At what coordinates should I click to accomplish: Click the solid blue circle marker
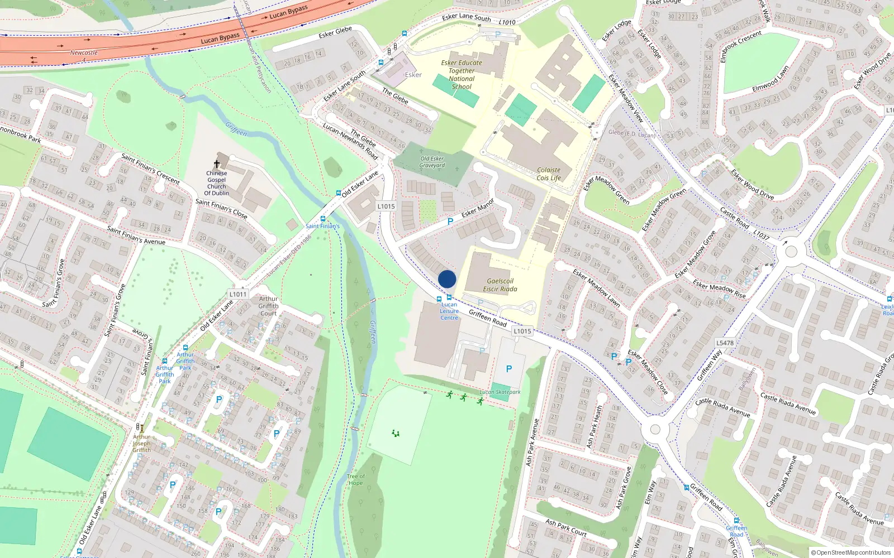point(447,279)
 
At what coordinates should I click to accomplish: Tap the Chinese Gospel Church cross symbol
point(217,164)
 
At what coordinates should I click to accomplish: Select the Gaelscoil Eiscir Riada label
point(500,285)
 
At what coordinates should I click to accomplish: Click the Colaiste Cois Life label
point(549,174)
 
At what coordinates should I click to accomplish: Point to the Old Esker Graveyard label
point(432,162)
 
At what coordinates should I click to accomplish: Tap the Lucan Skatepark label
point(500,392)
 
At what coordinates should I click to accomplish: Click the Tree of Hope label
point(355,480)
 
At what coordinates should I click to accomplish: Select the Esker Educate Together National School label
point(462,75)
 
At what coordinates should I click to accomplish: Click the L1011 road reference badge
point(237,294)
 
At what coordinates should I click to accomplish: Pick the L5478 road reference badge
point(725,343)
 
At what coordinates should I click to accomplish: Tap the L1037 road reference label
point(761,235)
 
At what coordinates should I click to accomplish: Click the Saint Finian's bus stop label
point(322,226)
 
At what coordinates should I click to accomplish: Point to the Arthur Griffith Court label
point(268,306)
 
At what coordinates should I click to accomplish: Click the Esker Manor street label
point(478,208)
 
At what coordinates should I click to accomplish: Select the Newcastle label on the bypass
point(84,53)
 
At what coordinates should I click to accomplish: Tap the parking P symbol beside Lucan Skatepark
point(509,369)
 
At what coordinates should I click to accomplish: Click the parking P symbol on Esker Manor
point(450,222)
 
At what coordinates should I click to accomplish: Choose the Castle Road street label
point(734,218)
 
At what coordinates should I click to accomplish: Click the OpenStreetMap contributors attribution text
point(851,552)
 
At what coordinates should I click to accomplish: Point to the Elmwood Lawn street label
point(771,80)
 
